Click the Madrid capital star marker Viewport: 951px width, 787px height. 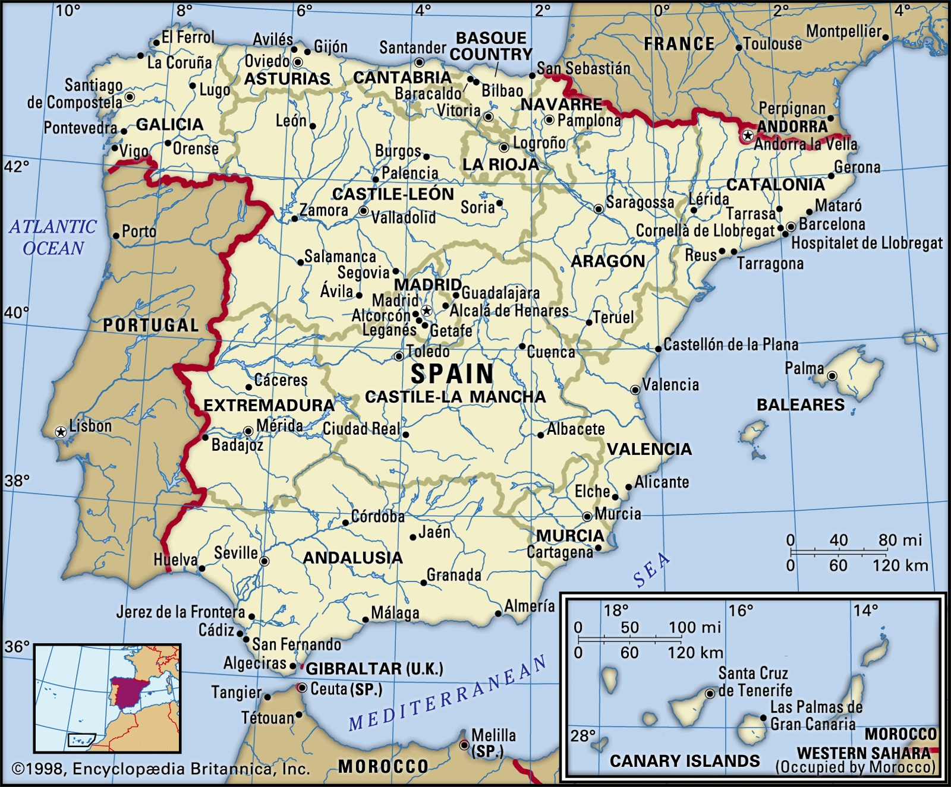click(x=426, y=311)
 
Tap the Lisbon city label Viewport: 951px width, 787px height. click(x=90, y=426)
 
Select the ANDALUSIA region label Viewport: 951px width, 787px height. click(x=352, y=558)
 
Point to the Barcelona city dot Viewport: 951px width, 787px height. click(x=791, y=227)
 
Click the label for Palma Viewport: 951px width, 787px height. click(x=804, y=368)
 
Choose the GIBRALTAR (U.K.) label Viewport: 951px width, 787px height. click(x=374, y=669)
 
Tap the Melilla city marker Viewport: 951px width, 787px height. click(x=464, y=745)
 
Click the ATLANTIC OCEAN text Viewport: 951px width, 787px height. click(x=53, y=237)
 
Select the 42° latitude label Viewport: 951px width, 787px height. click(x=16, y=166)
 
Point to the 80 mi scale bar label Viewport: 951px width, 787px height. click(x=900, y=540)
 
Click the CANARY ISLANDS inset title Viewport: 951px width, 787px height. click(x=685, y=761)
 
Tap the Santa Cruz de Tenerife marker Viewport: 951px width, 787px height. click(x=710, y=694)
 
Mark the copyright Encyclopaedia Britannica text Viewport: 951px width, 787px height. click(x=160, y=769)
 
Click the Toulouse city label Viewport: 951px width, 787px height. click(x=772, y=44)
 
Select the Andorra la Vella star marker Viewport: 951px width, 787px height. click(x=748, y=136)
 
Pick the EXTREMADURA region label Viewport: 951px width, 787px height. click(x=269, y=406)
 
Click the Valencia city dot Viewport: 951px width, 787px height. click(x=635, y=390)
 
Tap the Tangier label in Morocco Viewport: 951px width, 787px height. click(x=236, y=693)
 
